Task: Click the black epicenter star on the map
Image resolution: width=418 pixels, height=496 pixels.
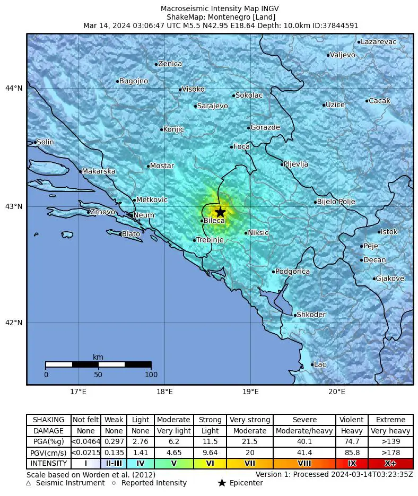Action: tap(220, 212)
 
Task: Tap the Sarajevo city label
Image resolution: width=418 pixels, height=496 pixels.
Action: tap(212, 106)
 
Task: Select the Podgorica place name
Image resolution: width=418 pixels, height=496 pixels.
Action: tap(292, 272)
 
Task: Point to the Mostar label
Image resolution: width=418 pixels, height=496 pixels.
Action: tap(162, 166)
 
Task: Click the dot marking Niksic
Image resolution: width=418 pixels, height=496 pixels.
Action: tap(246, 233)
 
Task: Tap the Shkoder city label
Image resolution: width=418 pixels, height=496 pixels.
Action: tap(311, 315)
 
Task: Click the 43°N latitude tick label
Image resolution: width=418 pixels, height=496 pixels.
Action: tap(14, 206)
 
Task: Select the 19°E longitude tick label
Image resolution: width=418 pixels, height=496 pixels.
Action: tap(250, 393)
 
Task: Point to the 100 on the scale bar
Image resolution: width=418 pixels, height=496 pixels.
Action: tap(151, 375)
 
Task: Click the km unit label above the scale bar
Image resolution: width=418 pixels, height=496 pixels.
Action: tap(98, 357)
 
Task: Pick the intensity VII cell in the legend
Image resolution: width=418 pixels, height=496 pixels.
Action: tap(250, 463)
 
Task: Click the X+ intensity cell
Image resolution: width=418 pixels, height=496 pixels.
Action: tap(390, 463)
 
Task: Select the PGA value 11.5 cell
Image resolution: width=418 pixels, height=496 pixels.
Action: tap(210, 441)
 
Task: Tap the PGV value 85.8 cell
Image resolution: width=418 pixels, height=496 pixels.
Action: tap(352, 453)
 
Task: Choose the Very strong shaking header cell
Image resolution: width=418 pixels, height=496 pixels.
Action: tap(250, 420)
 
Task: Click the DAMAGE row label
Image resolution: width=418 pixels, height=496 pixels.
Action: tap(48, 431)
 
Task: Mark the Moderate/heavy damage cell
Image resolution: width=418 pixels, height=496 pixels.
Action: tap(304, 431)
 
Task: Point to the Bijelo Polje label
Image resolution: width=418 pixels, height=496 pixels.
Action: tap(336, 202)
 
